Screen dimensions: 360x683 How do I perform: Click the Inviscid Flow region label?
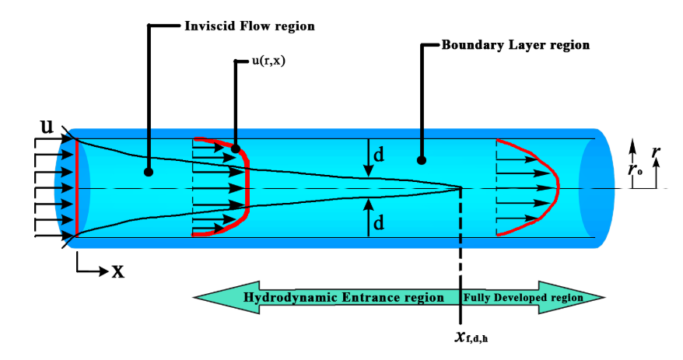(x=249, y=26)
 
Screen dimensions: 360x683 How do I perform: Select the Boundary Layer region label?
(x=515, y=45)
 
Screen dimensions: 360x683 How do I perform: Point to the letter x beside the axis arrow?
(x=118, y=271)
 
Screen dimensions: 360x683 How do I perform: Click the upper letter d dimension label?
(x=379, y=155)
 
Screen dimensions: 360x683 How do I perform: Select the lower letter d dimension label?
(x=379, y=223)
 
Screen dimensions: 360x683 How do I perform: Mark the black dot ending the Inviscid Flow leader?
(x=148, y=172)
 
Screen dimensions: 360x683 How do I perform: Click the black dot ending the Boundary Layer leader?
(x=422, y=161)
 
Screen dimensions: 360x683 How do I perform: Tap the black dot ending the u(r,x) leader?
(x=235, y=147)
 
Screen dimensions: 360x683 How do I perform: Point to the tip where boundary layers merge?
(x=461, y=187)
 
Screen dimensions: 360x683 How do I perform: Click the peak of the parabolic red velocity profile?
(x=558, y=188)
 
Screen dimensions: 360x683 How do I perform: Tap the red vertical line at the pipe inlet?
(x=77, y=188)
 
